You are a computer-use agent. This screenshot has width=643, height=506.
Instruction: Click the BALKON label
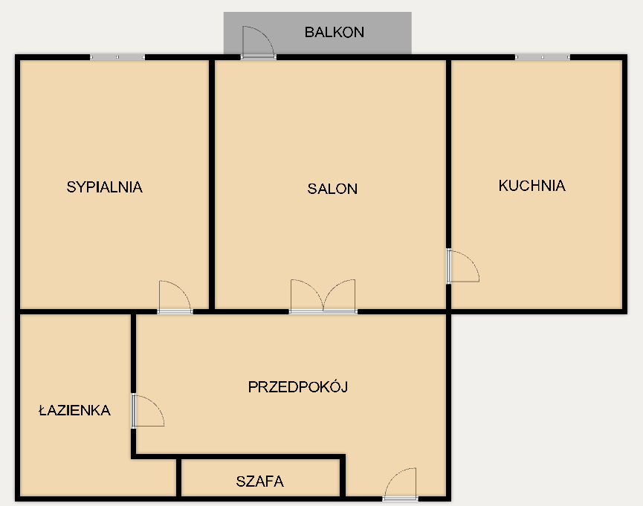click(x=335, y=32)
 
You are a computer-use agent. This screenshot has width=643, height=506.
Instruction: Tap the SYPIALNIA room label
click(x=105, y=187)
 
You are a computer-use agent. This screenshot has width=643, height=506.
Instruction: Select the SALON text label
click(x=332, y=189)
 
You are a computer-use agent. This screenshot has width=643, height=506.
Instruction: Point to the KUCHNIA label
click(x=532, y=185)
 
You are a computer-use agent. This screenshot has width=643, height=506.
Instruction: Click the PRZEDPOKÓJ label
click(x=298, y=386)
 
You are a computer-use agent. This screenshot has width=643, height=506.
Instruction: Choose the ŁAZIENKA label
click(x=74, y=410)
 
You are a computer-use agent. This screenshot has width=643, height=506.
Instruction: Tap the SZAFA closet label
click(x=260, y=481)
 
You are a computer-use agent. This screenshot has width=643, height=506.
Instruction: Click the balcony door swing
click(x=258, y=42)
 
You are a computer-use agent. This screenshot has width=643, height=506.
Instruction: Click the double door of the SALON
click(x=323, y=296)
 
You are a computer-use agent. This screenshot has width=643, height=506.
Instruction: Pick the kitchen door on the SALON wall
click(x=462, y=266)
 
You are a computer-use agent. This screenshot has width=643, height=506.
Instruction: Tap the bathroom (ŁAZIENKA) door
click(x=148, y=410)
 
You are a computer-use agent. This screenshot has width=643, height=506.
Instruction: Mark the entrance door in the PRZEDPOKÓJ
click(x=400, y=484)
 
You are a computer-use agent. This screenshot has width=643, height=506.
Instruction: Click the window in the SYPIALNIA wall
click(x=117, y=57)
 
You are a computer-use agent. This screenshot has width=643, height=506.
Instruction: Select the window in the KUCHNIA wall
click(x=543, y=57)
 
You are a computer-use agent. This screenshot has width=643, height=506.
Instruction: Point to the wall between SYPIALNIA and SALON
click(x=212, y=184)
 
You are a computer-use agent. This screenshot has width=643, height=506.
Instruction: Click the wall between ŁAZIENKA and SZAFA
click(x=179, y=477)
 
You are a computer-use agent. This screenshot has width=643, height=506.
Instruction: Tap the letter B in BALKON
click(x=309, y=32)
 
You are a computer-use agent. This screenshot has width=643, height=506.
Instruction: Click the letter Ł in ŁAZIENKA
click(x=43, y=410)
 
